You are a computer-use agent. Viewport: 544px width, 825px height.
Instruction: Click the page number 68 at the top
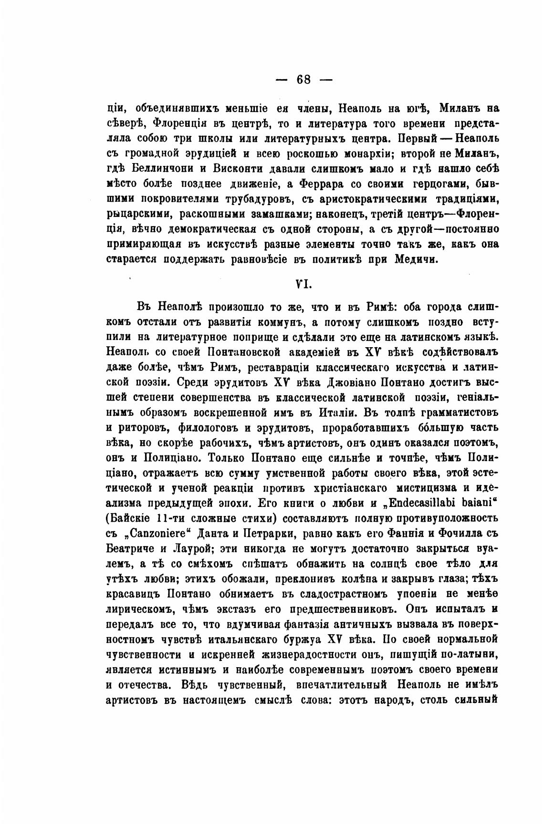pos(303,80)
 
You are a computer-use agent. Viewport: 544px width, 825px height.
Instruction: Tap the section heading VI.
pos(303,284)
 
